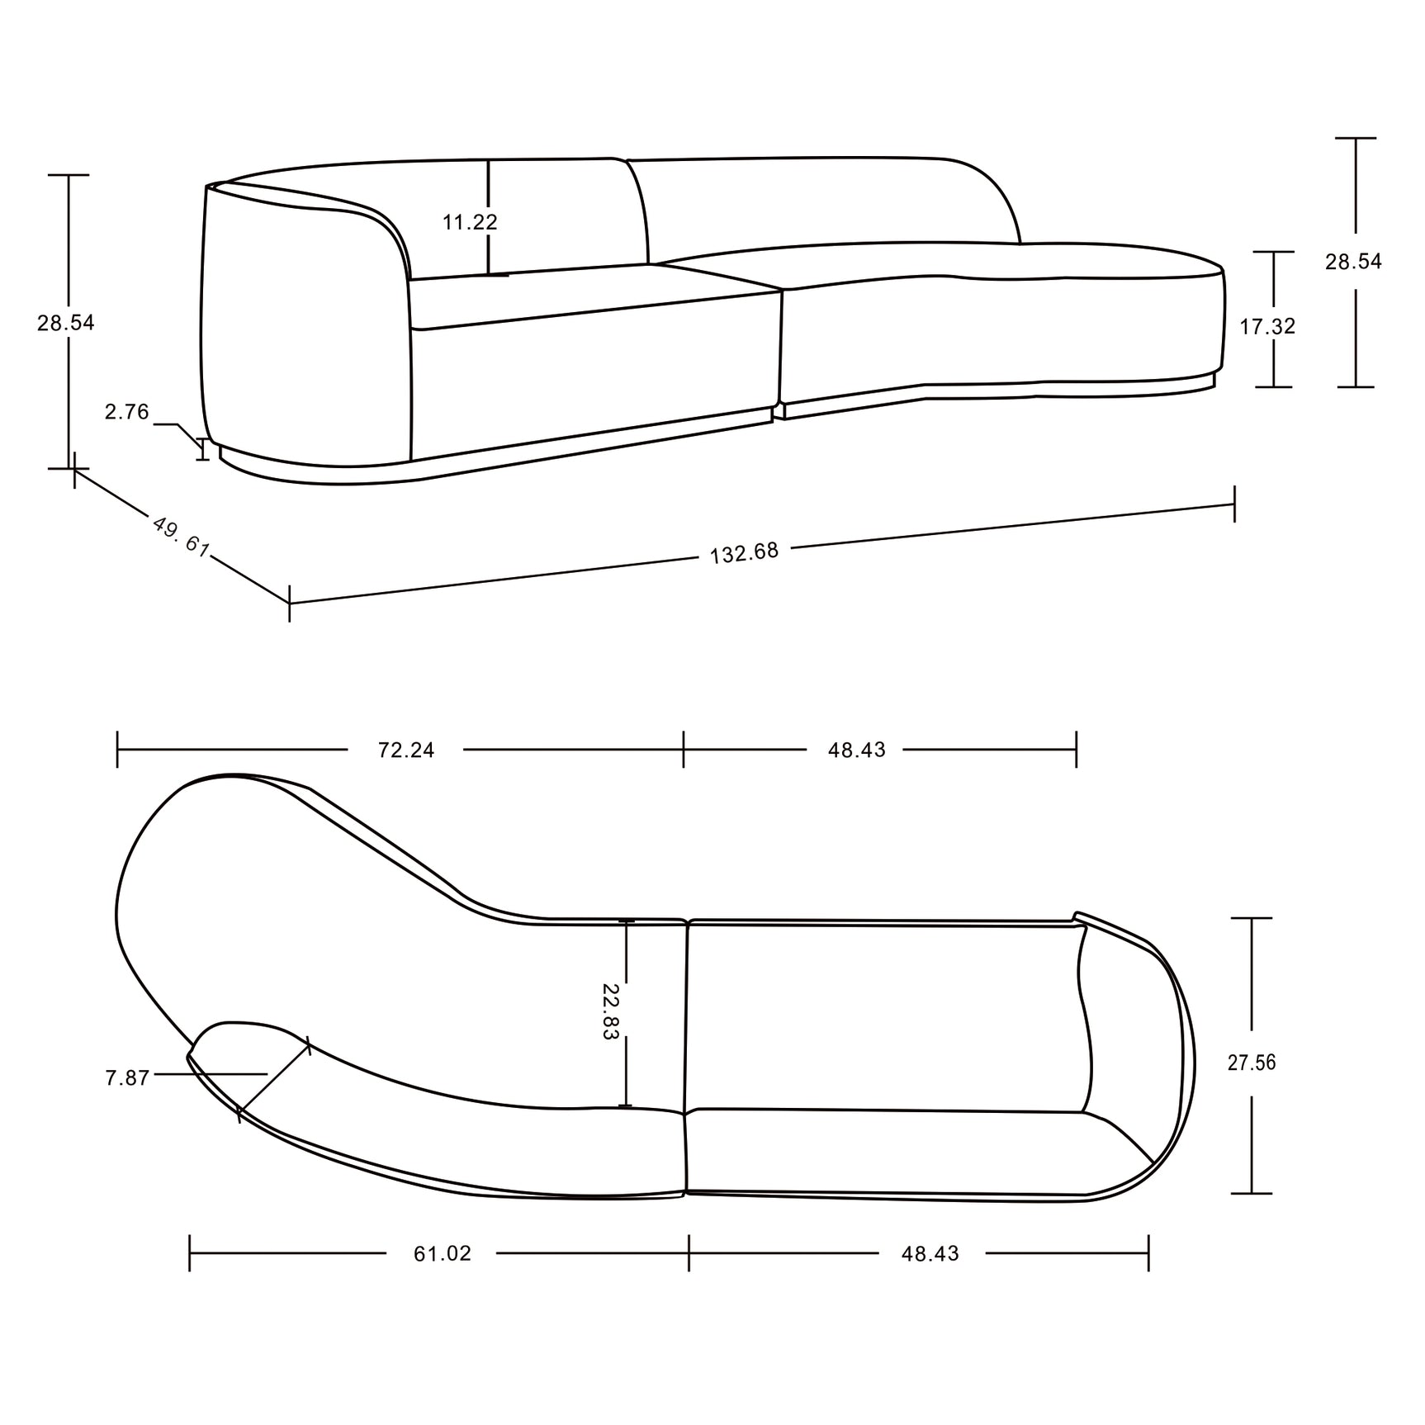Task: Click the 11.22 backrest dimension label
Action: click(470, 222)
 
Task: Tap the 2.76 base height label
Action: click(126, 412)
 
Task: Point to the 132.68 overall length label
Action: click(744, 552)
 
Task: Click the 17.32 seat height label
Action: click(1267, 327)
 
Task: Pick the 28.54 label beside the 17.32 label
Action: click(1353, 262)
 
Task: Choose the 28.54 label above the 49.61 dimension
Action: click(66, 323)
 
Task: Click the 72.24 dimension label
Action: click(405, 750)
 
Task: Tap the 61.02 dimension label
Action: click(443, 1253)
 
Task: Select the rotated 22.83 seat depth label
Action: click(609, 1011)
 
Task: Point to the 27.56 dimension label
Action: click(1252, 1063)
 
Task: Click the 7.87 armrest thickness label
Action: click(127, 1078)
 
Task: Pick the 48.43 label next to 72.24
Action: click(856, 750)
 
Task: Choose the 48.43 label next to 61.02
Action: click(930, 1253)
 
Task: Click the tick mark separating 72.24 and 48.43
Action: click(684, 750)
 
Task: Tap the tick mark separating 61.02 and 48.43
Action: click(689, 1253)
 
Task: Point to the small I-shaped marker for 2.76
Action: click(202, 450)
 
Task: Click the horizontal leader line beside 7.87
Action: click(211, 1074)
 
